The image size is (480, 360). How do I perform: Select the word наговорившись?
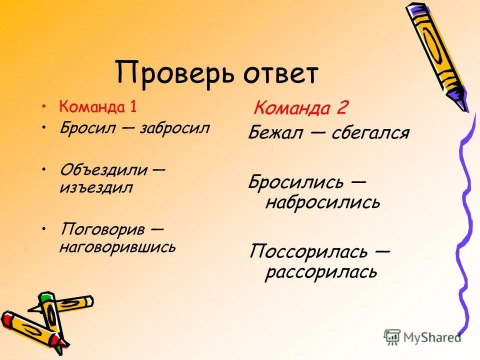pyautogui.click(x=117, y=246)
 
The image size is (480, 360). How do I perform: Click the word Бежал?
pyautogui.click(x=276, y=133)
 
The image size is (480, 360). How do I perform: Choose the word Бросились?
pyautogui.click(x=295, y=182)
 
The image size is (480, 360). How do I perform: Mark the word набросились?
pyautogui.click(x=322, y=202)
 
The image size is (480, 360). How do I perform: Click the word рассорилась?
pyautogui.click(x=321, y=272)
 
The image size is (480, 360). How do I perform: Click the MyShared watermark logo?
pyautogui.click(x=422, y=336)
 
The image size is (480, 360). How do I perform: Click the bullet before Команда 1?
pyautogui.click(x=45, y=106)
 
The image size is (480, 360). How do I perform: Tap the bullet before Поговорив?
pyautogui.click(x=45, y=228)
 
